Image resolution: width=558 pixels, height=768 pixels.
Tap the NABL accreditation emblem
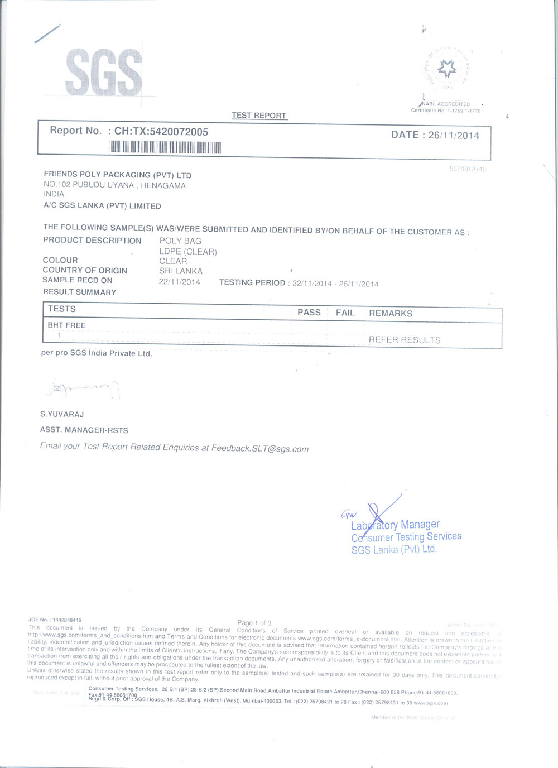[446, 69]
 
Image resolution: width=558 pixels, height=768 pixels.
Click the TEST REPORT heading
[259, 116]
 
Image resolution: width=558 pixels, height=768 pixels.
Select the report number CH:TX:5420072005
[161, 132]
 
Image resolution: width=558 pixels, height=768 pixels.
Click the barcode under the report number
[165, 147]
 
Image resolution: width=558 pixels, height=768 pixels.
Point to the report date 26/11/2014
[453, 135]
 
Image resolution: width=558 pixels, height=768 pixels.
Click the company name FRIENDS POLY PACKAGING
[118, 175]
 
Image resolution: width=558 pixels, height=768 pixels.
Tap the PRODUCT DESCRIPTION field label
[92, 241]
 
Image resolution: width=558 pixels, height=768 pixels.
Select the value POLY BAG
[180, 241]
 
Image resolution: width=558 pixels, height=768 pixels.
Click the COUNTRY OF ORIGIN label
[85, 270]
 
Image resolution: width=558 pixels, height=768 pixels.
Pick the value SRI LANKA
[181, 271]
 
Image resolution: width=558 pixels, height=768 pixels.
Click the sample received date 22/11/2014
[180, 282]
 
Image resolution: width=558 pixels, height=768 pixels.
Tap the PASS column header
[309, 313]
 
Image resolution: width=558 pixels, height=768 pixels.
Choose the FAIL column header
[345, 313]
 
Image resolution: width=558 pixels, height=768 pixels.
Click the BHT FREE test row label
[66, 325]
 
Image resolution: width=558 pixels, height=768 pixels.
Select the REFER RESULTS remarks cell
[405, 340]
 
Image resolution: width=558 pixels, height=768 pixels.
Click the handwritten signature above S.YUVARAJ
[84, 389]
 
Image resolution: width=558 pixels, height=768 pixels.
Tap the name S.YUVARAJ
[62, 414]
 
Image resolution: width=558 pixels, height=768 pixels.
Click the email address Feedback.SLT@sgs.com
[259, 449]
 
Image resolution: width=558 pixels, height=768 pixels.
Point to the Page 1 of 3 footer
[254, 623]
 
